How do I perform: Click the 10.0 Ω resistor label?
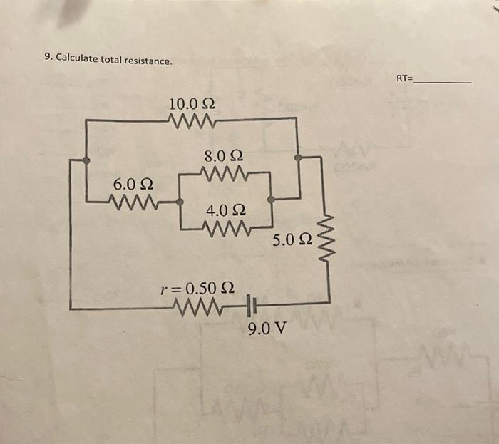192,105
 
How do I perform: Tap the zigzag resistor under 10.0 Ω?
192,120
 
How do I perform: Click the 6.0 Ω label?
131,185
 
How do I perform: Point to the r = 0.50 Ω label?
198,289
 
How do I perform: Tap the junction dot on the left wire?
86,160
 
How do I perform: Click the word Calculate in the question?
76,58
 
